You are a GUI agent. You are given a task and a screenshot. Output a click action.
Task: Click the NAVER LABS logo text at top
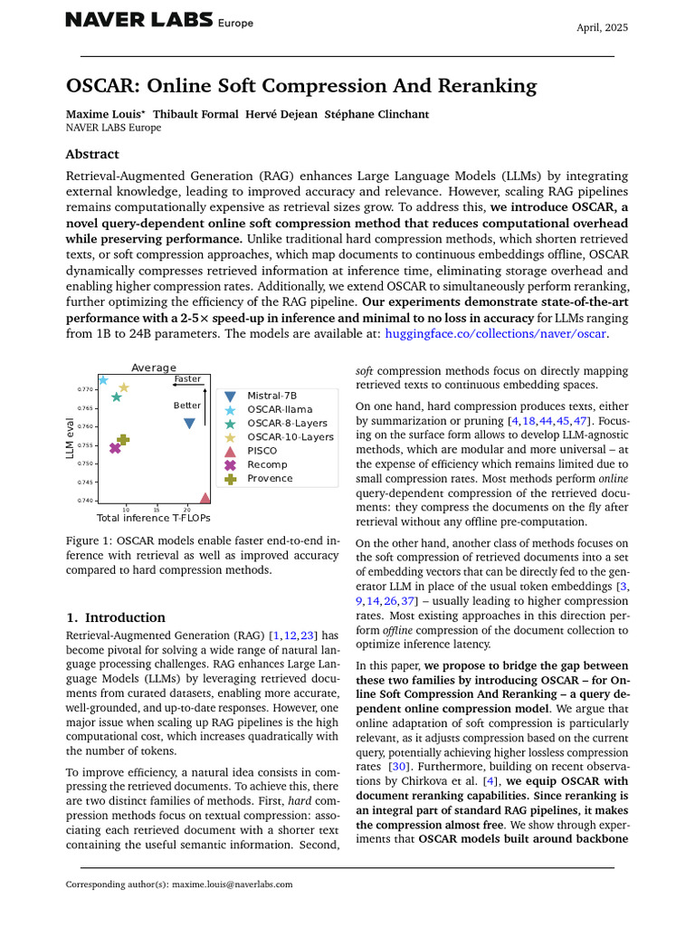[139, 20]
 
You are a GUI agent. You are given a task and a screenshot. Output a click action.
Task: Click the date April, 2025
[602, 27]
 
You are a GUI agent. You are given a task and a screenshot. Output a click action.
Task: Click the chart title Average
[153, 368]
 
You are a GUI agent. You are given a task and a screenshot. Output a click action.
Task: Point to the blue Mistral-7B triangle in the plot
[189, 423]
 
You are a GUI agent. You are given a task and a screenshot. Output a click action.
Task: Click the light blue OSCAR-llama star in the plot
[103, 380]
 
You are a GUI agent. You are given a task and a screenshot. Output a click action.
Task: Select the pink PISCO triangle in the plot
[205, 498]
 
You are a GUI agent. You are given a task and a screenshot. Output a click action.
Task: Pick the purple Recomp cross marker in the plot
[115, 448]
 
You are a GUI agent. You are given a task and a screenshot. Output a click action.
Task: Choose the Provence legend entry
[270, 478]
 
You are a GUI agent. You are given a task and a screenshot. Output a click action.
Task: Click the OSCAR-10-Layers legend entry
[290, 436]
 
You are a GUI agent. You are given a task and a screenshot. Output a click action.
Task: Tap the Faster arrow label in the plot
[187, 379]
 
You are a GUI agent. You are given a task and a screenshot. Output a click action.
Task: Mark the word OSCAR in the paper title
[98, 86]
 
